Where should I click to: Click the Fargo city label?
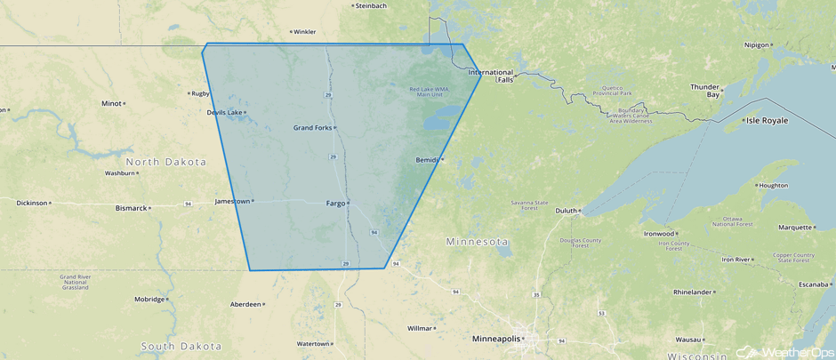[335, 203]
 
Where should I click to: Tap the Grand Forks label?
[312, 127]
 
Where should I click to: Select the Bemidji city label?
[427, 160]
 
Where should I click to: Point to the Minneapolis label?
[496, 339]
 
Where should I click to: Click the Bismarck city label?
[131, 208]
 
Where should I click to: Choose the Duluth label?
[566, 211]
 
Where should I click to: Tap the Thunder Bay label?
[705, 91]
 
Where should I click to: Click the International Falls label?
[492, 76]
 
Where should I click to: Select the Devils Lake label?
[224, 112]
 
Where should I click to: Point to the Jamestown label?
[232, 201]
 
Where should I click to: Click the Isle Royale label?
[767, 120]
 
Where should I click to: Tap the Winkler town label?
[304, 32]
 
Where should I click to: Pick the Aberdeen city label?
[245, 304]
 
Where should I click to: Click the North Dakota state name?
[165, 162]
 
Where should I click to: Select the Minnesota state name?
[477, 242]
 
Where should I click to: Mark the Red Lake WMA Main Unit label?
[429, 92]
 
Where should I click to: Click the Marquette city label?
[795, 228]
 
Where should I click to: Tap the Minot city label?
[111, 103]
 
